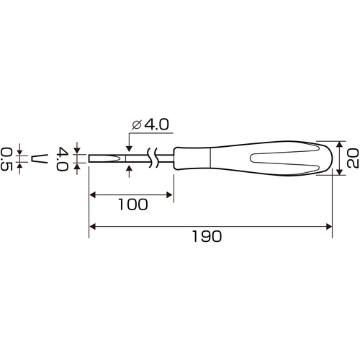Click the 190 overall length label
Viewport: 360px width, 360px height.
point(207,236)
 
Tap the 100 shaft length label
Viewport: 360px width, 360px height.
point(133,204)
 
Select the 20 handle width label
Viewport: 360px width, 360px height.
point(353,158)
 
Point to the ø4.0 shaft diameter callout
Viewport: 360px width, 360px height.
point(150,125)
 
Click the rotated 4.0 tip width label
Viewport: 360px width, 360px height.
point(62,159)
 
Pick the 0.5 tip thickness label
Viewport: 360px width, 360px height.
point(6,159)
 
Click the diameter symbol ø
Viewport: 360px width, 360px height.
point(136,125)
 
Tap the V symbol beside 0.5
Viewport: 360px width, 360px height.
point(40,158)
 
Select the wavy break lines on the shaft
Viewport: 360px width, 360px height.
point(153,158)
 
